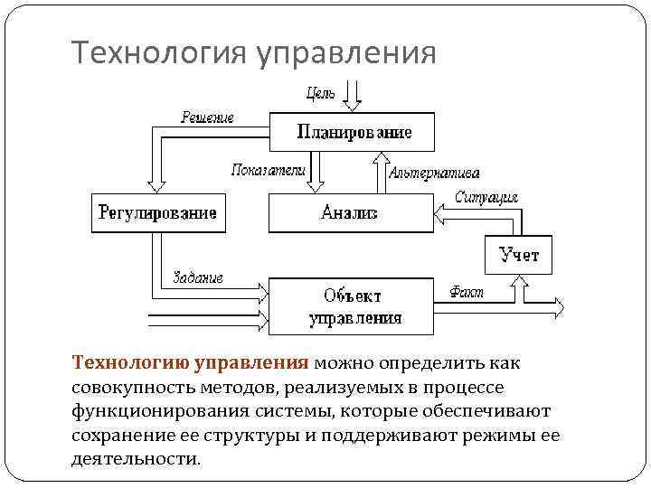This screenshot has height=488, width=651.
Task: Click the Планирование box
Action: point(353,132)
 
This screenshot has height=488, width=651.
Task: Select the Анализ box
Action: point(350,213)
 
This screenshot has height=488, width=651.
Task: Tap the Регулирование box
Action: point(157,213)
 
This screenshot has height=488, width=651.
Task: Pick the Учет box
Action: point(519,255)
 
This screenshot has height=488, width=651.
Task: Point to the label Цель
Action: point(321,91)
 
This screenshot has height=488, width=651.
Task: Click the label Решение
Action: point(207,117)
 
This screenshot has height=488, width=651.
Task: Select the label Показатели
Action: point(269,169)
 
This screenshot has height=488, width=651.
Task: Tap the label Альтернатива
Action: point(434,173)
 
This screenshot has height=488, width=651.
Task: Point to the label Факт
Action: point(467,292)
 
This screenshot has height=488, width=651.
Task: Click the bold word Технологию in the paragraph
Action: point(129,363)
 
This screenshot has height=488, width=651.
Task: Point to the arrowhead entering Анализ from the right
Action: point(440,213)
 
